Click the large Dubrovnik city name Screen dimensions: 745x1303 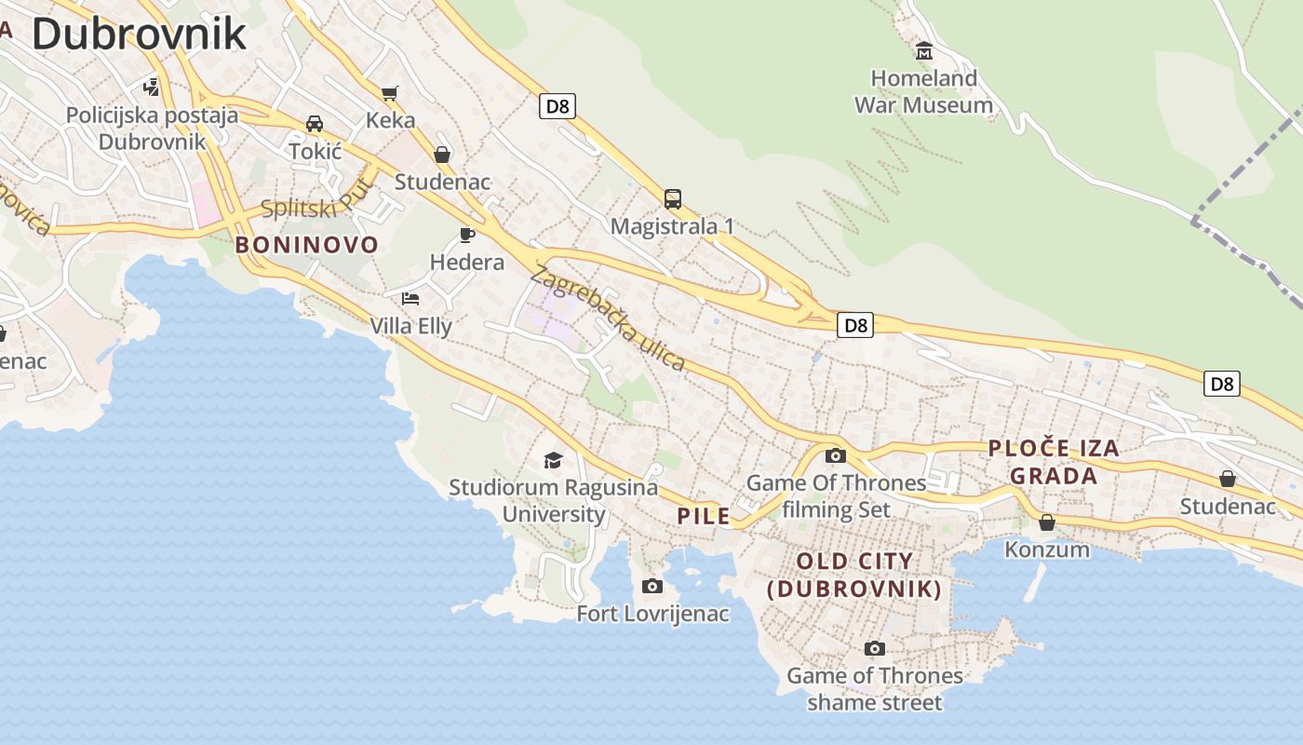(x=139, y=34)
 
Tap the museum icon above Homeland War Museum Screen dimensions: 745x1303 (x=924, y=50)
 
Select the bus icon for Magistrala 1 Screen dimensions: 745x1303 (x=673, y=198)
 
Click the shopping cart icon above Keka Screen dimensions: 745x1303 (x=390, y=93)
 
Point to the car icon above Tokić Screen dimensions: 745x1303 (x=315, y=124)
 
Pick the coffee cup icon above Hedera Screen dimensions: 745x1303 (x=467, y=235)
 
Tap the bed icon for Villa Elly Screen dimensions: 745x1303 (x=410, y=299)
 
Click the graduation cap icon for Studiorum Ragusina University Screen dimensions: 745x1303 (x=554, y=460)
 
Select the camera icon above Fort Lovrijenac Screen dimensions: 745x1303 (x=652, y=586)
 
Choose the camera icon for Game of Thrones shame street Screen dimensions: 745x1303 (x=874, y=648)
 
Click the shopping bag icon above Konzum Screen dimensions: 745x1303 (x=1047, y=522)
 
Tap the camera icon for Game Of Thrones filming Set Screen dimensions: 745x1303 (x=836, y=455)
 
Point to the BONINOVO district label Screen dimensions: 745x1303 (x=307, y=245)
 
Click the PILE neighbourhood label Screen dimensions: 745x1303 (x=704, y=516)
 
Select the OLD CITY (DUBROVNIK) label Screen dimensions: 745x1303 (x=854, y=575)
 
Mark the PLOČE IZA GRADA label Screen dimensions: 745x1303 (x=1054, y=462)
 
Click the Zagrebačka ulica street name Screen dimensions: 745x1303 (x=608, y=318)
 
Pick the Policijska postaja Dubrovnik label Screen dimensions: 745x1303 (x=152, y=129)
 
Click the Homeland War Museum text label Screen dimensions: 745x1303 (x=924, y=91)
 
